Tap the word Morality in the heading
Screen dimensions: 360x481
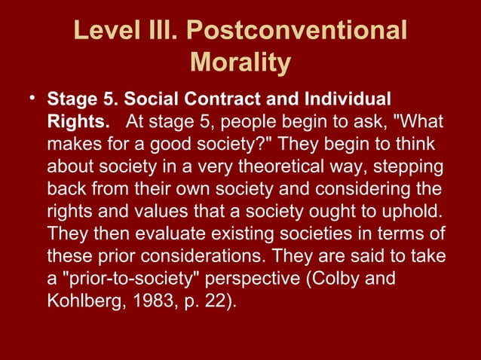click(240, 63)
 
